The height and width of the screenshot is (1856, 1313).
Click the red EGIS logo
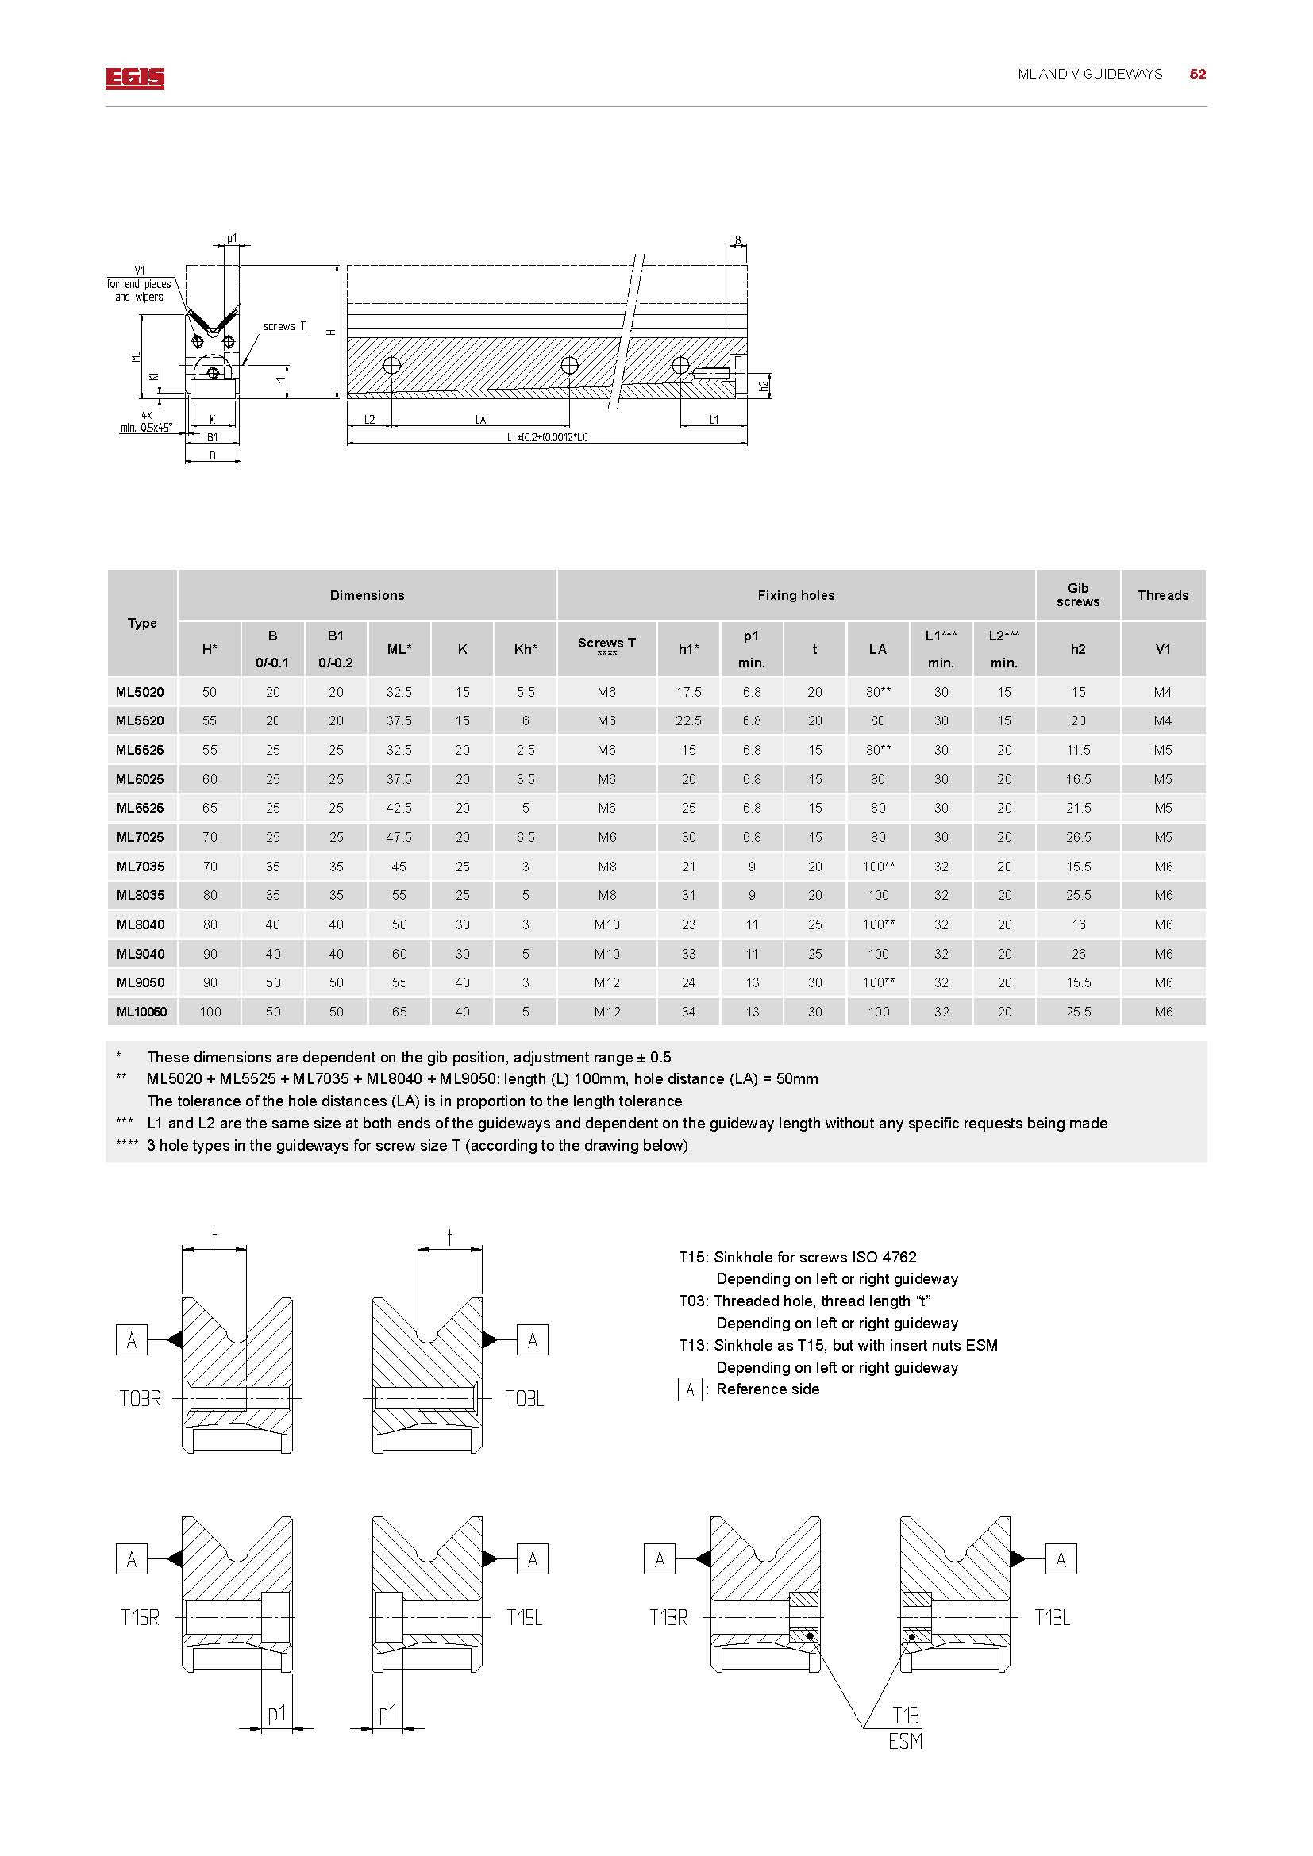click(x=134, y=78)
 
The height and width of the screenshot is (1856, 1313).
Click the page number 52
click(x=1197, y=74)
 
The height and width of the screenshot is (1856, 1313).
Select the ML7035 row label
click(x=140, y=867)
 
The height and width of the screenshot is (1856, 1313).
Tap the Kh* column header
click(x=526, y=649)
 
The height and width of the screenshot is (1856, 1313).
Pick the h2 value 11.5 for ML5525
click(x=1078, y=750)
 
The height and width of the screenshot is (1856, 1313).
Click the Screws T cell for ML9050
click(x=606, y=982)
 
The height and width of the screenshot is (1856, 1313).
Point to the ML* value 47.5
click(x=399, y=837)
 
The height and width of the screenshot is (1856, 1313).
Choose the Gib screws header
click(x=1078, y=595)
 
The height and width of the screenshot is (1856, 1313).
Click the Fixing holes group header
click(x=795, y=595)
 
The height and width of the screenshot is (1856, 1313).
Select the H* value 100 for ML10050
click(x=210, y=1011)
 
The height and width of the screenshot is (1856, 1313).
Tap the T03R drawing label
click(x=140, y=1398)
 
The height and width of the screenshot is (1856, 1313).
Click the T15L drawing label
click(x=524, y=1617)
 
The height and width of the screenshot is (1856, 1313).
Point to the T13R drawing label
click(x=668, y=1617)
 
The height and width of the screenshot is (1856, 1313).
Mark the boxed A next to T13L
click(x=1061, y=1559)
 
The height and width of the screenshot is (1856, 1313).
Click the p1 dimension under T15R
click(x=276, y=1713)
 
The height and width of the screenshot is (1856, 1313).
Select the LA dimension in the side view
click(x=480, y=420)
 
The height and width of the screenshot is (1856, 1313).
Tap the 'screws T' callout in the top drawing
click(x=283, y=327)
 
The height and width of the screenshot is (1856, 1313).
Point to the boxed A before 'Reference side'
click(x=690, y=1389)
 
